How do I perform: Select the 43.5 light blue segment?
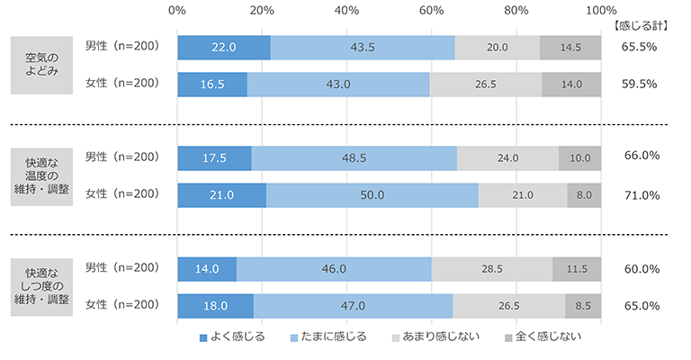pyautogui.click(x=363, y=47)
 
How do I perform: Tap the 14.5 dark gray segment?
pyautogui.click(x=570, y=47)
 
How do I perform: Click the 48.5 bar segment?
pyautogui.click(x=354, y=157)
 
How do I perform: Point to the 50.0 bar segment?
pyautogui.click(x=372, y=194)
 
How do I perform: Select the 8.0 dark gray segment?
pyautogui.click(x=584, y=194)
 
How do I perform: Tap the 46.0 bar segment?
pyautogui.click(x=334, y=268)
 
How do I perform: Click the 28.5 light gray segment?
pyautogui.click(x=492, y=268)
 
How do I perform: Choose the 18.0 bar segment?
pyautogui.click(x=216, y=305)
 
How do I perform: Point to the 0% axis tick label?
pyautogui.click(x=177, y=11)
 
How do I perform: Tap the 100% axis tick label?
pyautogui.click(x=600, y=11)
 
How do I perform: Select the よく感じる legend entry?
pyautogui.click(x=232, y=337)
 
